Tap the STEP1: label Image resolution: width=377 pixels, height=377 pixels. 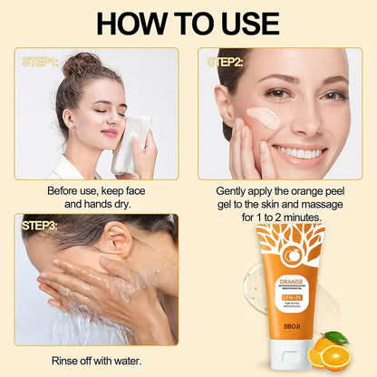39,62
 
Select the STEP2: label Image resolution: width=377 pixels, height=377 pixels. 225,62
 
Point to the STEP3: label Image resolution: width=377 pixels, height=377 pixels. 40,225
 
